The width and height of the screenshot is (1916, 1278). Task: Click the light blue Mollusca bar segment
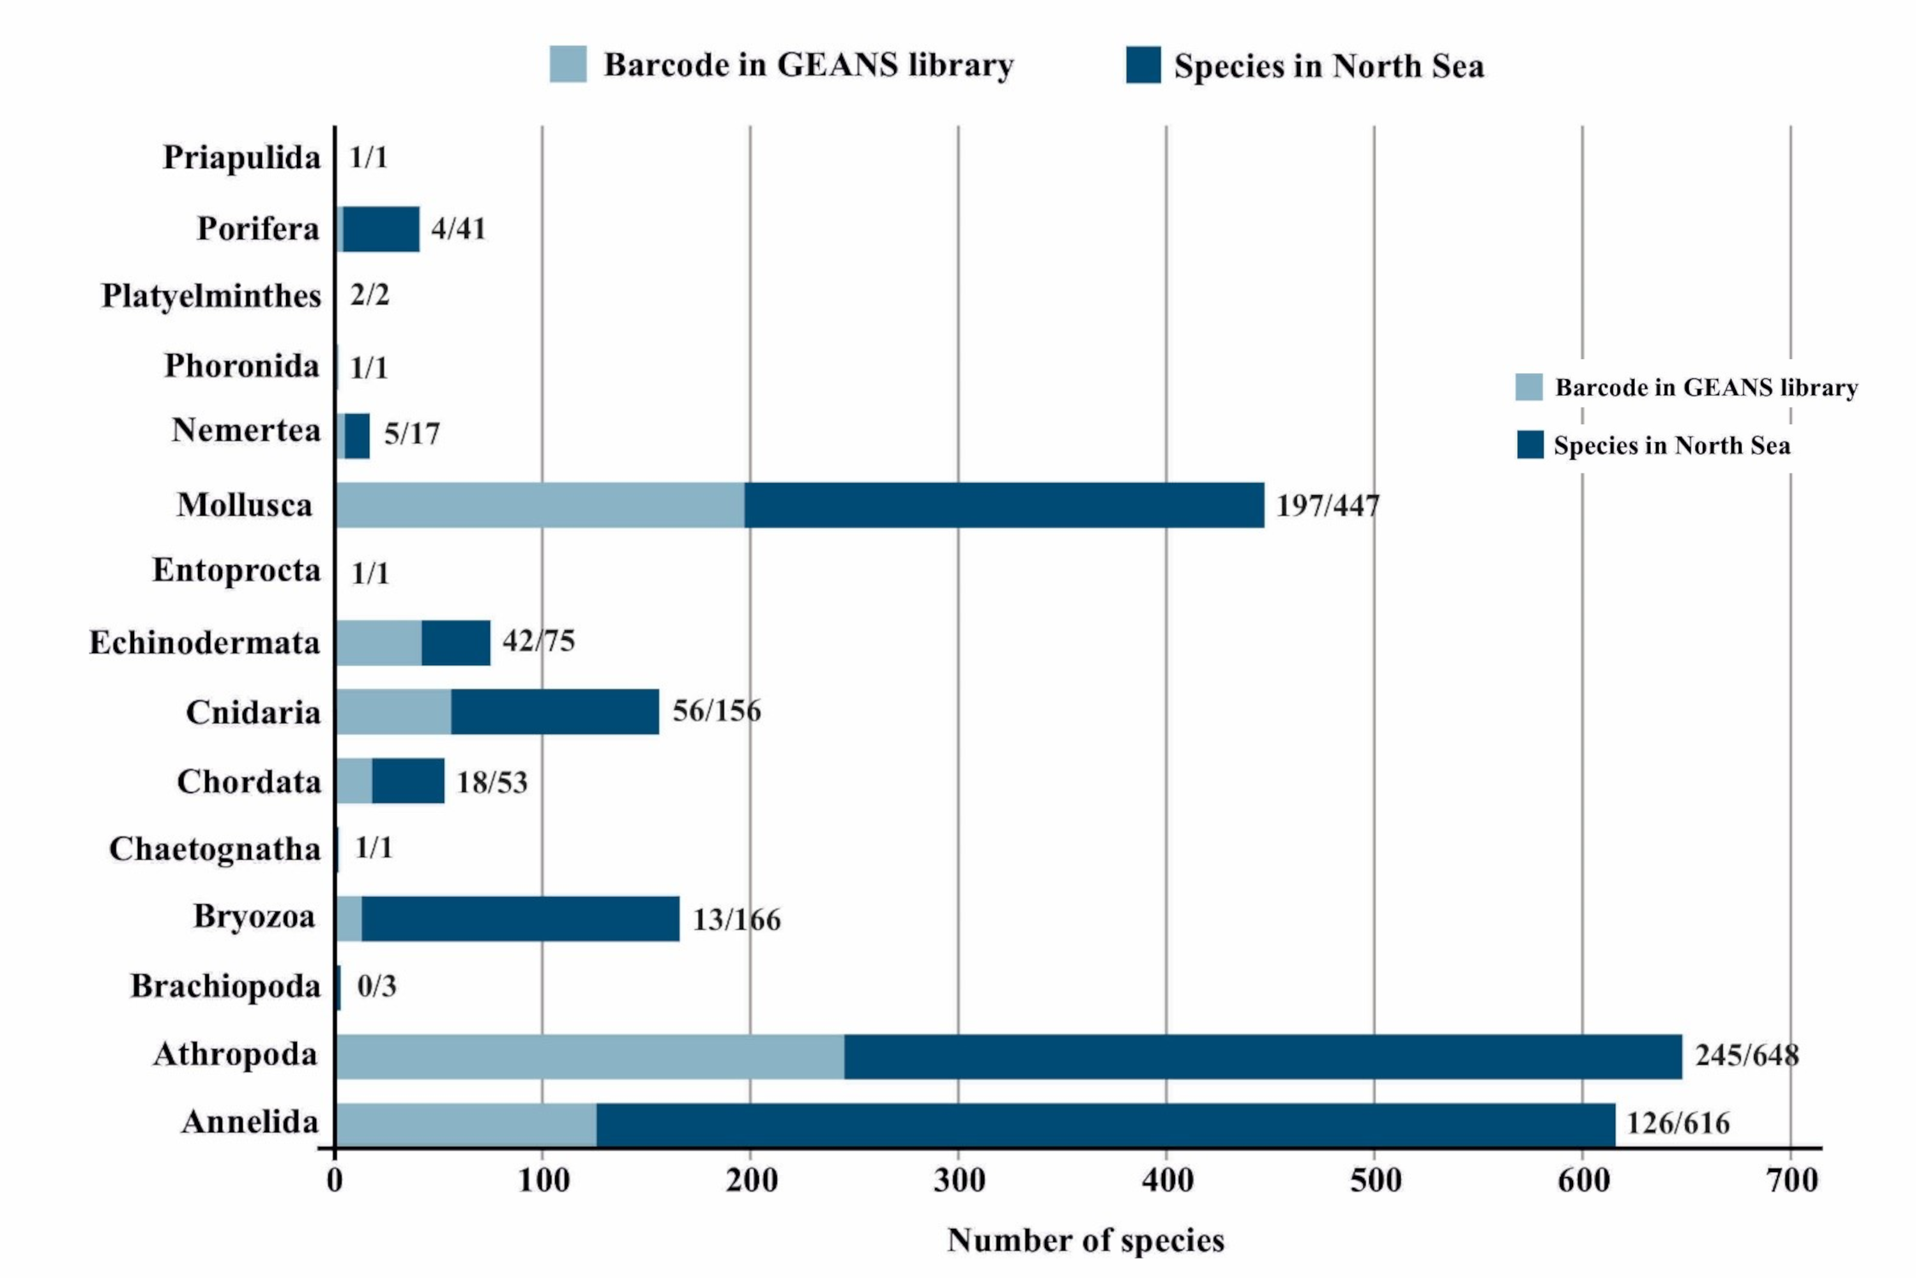(x=539, y=505)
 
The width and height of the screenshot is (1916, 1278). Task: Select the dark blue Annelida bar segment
(x=1105, y=1125)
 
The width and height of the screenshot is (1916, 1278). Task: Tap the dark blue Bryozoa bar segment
(x=520, y=919)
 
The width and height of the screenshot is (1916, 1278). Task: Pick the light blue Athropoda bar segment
(x=589, y=1056)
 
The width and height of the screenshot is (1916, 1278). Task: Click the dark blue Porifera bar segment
(x=381, y=229)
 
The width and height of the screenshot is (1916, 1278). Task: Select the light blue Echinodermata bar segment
(x=378, y=643)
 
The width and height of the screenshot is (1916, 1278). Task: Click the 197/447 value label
(x=1327, y=506)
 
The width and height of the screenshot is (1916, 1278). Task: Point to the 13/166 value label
(x=736, y=920)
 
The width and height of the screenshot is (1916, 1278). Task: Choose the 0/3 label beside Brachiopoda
(x=376, y=986)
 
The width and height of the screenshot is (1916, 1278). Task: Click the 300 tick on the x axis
(x=959, y=1180)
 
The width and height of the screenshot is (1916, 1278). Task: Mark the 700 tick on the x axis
(x=1791, y=1180)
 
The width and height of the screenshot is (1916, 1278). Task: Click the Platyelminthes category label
(x=211, y=296)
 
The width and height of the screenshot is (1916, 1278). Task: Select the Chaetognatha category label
(x=215, y=849)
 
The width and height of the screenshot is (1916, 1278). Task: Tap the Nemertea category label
(x=246, y=430)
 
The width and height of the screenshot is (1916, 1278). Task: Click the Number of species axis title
(x=1085, y=1240)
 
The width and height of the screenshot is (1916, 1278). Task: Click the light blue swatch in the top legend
(x=568, y=65)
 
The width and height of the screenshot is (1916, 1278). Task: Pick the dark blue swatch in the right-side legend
(x=1530, y=445)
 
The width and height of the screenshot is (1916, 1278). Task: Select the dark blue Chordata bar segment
(x=408, y=781)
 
